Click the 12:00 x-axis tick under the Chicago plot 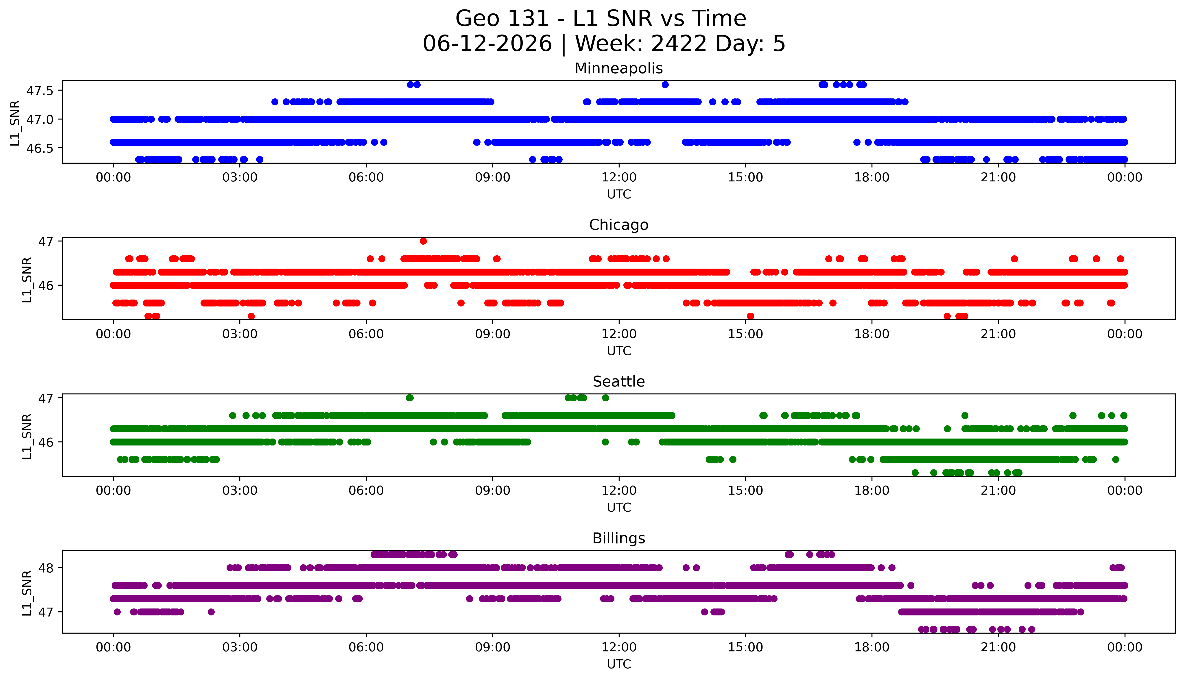tap(619, 334)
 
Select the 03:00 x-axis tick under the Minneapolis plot tap(240, 178)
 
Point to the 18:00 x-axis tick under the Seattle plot tap(872, 490)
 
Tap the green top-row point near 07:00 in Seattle tap(410, 398)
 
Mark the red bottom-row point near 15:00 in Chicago tap(750, 316)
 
